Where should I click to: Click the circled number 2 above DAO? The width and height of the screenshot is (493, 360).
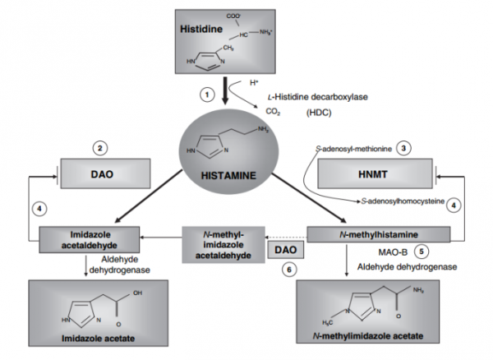click(x=99, y=148)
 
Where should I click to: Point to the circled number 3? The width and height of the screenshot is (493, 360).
click(x=403, y=148)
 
